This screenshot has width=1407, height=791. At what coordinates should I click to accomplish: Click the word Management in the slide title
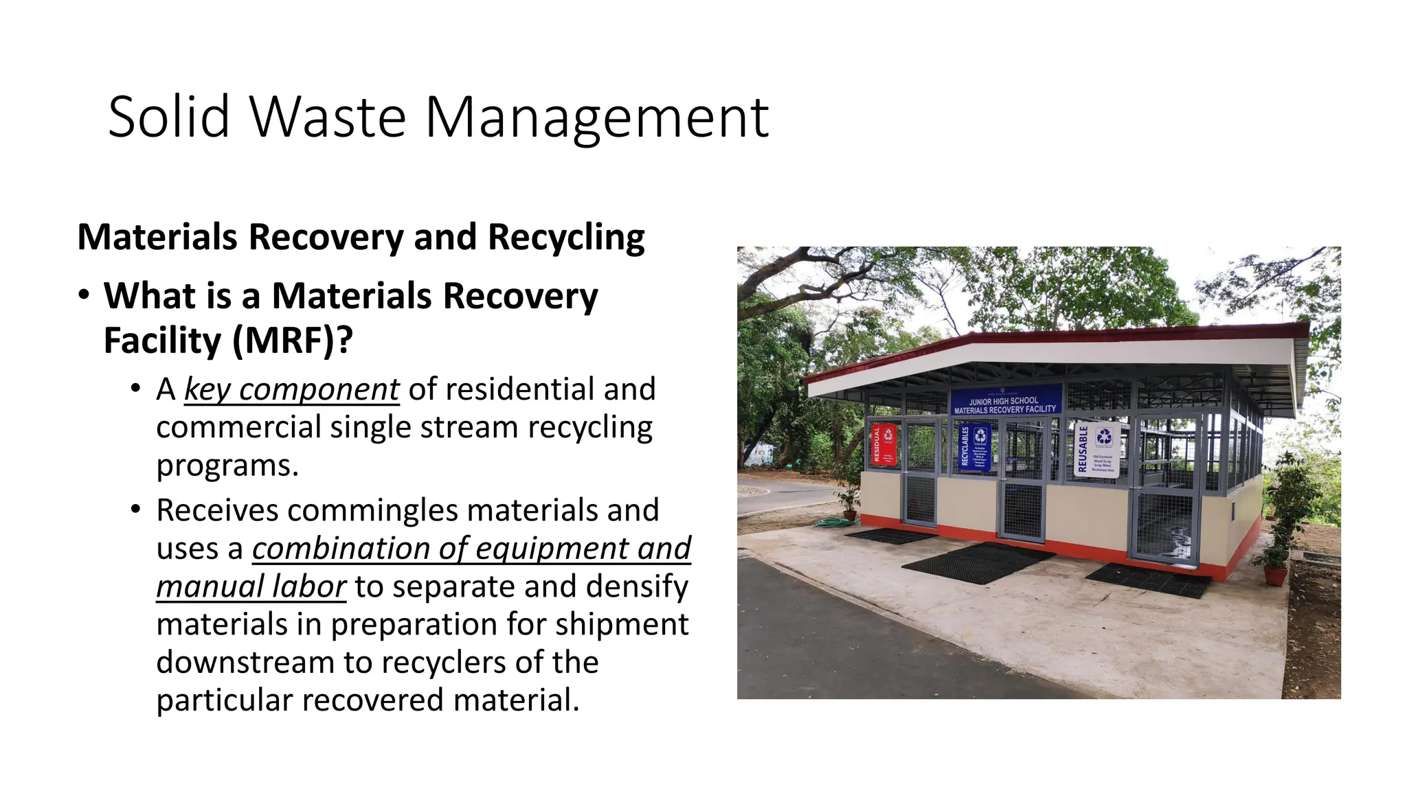coord(596,118)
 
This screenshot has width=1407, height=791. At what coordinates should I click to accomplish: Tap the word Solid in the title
coord(168,118)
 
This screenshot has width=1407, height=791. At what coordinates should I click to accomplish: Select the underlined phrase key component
coord(291,390)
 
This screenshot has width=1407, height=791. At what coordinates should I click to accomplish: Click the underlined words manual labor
coord(251,587)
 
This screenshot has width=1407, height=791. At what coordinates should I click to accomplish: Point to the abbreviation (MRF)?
coord(293,341)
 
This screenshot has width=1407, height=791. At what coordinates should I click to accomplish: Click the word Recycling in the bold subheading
coord(566,238)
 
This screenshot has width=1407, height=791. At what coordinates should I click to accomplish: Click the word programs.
coord(227,466)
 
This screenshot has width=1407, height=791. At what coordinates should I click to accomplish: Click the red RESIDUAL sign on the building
coord(883,444)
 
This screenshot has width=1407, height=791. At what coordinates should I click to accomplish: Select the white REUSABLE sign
coord(1096,450)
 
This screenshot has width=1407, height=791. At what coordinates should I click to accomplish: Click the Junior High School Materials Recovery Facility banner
coord(1005,401)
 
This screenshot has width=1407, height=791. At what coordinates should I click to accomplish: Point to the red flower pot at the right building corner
coord(1275,575)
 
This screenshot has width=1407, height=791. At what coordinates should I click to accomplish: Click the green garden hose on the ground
coord(833,523)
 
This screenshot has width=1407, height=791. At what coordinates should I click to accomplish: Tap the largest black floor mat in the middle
coord(978,562)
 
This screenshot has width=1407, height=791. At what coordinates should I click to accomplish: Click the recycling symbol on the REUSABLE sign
coord(1104,436)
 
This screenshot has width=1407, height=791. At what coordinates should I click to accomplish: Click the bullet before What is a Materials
coord(84,296)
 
